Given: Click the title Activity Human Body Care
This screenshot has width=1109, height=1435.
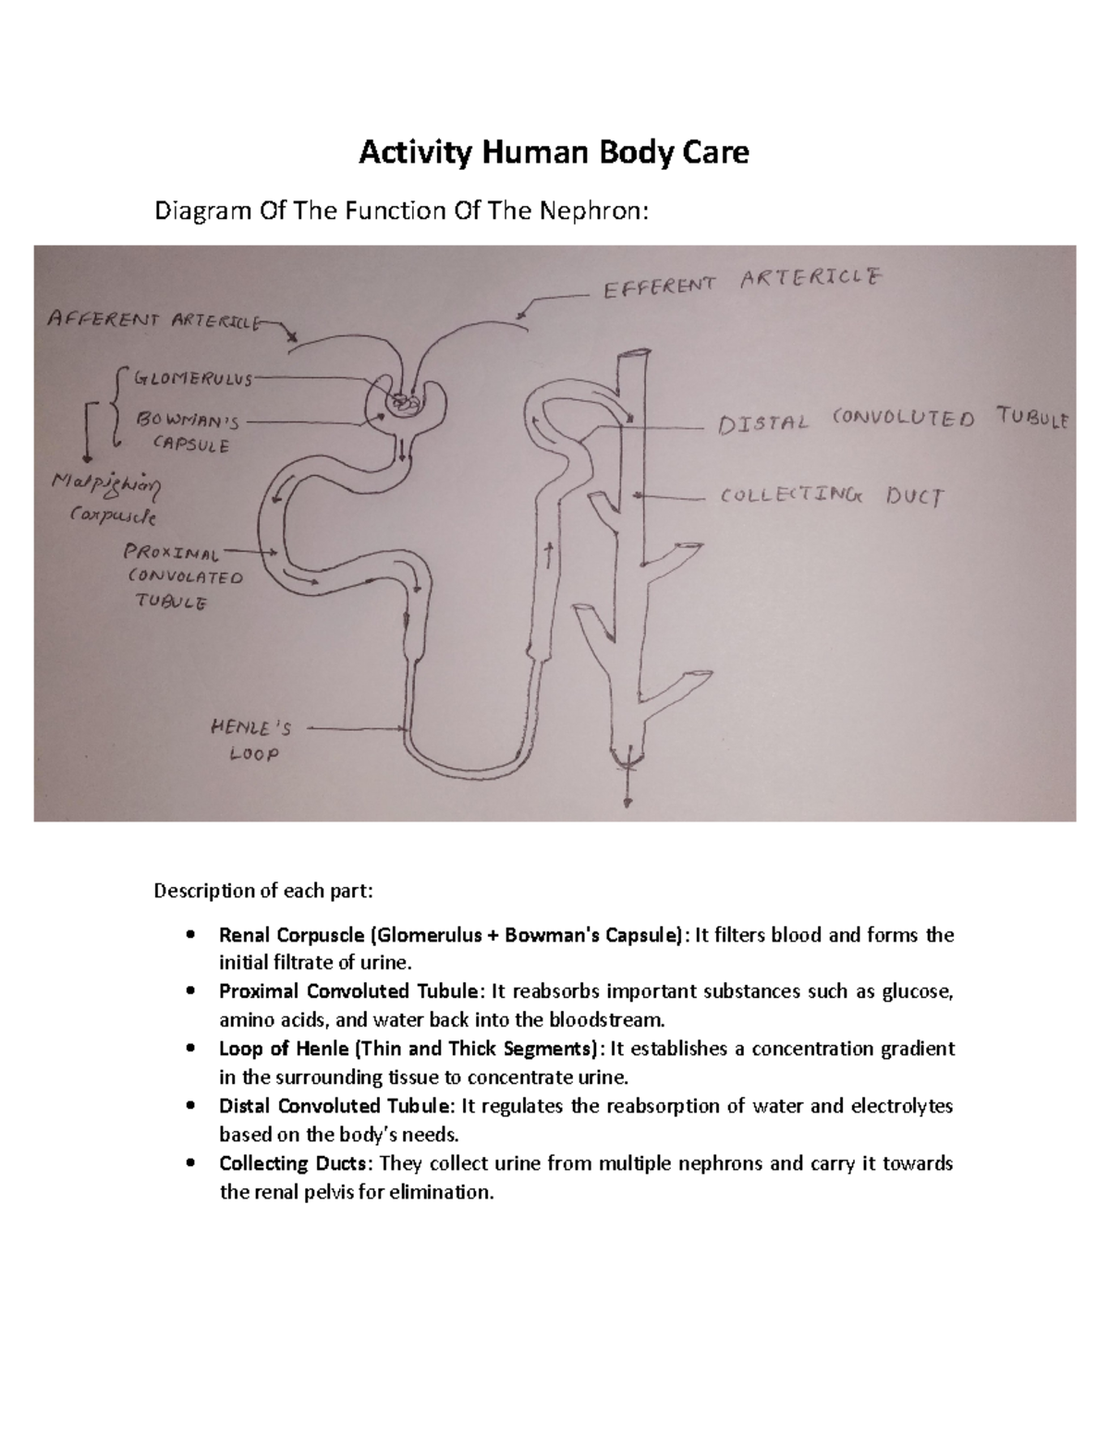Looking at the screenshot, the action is [554, 152].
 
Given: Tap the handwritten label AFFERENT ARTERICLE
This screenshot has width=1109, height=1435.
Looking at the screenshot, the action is [153, 320].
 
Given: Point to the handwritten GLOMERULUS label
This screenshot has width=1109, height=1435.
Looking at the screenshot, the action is [193, 378].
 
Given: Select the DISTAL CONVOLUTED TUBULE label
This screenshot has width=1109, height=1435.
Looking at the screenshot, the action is [892, 420].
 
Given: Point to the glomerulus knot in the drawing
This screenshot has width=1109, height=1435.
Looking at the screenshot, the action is [404, 403].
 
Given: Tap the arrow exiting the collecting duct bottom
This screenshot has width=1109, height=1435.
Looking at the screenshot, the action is [629, 785].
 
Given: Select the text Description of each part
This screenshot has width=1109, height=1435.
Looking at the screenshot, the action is [263, 891].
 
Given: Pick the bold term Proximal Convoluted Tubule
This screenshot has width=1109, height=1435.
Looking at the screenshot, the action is [351, 991].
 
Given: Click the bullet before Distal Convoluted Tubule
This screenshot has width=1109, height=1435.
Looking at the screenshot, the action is [190, 1106].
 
